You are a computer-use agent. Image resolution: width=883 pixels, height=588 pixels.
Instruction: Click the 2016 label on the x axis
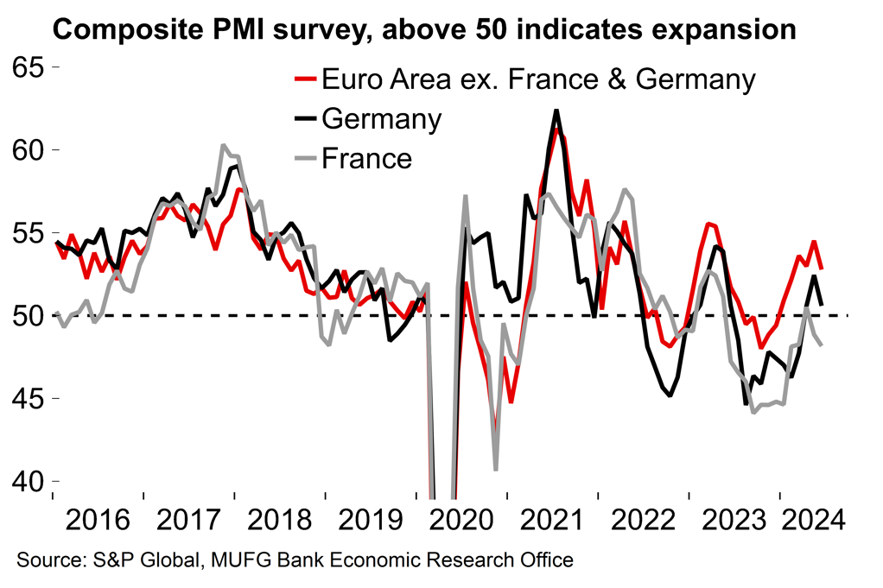[98, 521]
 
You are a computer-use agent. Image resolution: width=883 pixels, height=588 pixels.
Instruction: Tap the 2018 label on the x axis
[280, 521]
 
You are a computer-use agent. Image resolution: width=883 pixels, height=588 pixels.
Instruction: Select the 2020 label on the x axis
[462, 521]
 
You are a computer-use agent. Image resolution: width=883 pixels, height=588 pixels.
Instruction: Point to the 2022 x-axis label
[644, 521]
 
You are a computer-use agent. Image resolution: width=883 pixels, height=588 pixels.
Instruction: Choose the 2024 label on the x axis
[807, 521]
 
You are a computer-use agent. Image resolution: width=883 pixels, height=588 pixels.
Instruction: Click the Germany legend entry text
[381, 119]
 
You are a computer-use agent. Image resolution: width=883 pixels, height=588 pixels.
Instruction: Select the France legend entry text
[366, 158]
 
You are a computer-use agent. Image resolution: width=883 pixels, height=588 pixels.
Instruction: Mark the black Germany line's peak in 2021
[556, 111]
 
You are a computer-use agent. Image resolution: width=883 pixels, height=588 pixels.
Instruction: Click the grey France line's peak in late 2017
[223, 145]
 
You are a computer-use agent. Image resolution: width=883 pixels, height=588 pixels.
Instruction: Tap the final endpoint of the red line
[821, 269]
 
